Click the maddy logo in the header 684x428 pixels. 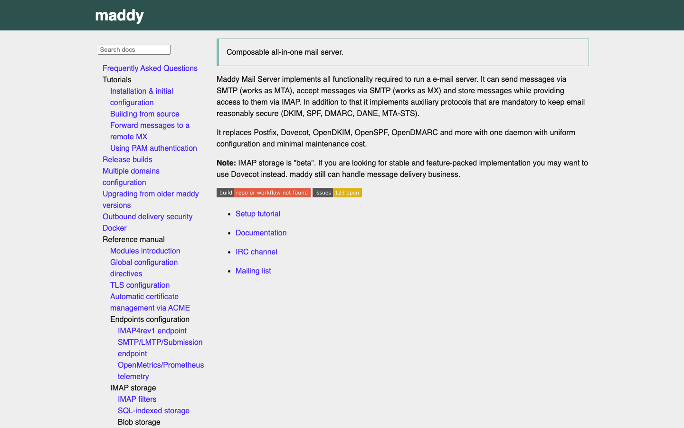(120, 16)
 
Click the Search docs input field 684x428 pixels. (134, 49)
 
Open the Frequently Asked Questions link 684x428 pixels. (150, 68)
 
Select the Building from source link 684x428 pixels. (144, 114)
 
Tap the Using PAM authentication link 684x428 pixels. (153, 148)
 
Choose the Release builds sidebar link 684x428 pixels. (127, 159)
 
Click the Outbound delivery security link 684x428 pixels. (147, 216)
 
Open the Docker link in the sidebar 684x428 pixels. (114, 228)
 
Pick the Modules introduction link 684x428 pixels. (145, 251)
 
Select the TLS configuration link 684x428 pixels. (140, 285)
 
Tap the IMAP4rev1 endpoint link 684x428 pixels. (152, 331)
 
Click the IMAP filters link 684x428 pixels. (137, 399)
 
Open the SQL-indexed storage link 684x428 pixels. (153, 410)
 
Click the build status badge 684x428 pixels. (263, 193)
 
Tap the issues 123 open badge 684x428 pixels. (337, 193)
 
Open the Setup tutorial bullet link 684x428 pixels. (257, 214)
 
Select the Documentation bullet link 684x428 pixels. (261, 233)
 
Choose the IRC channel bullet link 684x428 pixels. (256, 252)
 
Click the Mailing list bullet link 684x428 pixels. (253, 271)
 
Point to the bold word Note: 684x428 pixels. (226, 163)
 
